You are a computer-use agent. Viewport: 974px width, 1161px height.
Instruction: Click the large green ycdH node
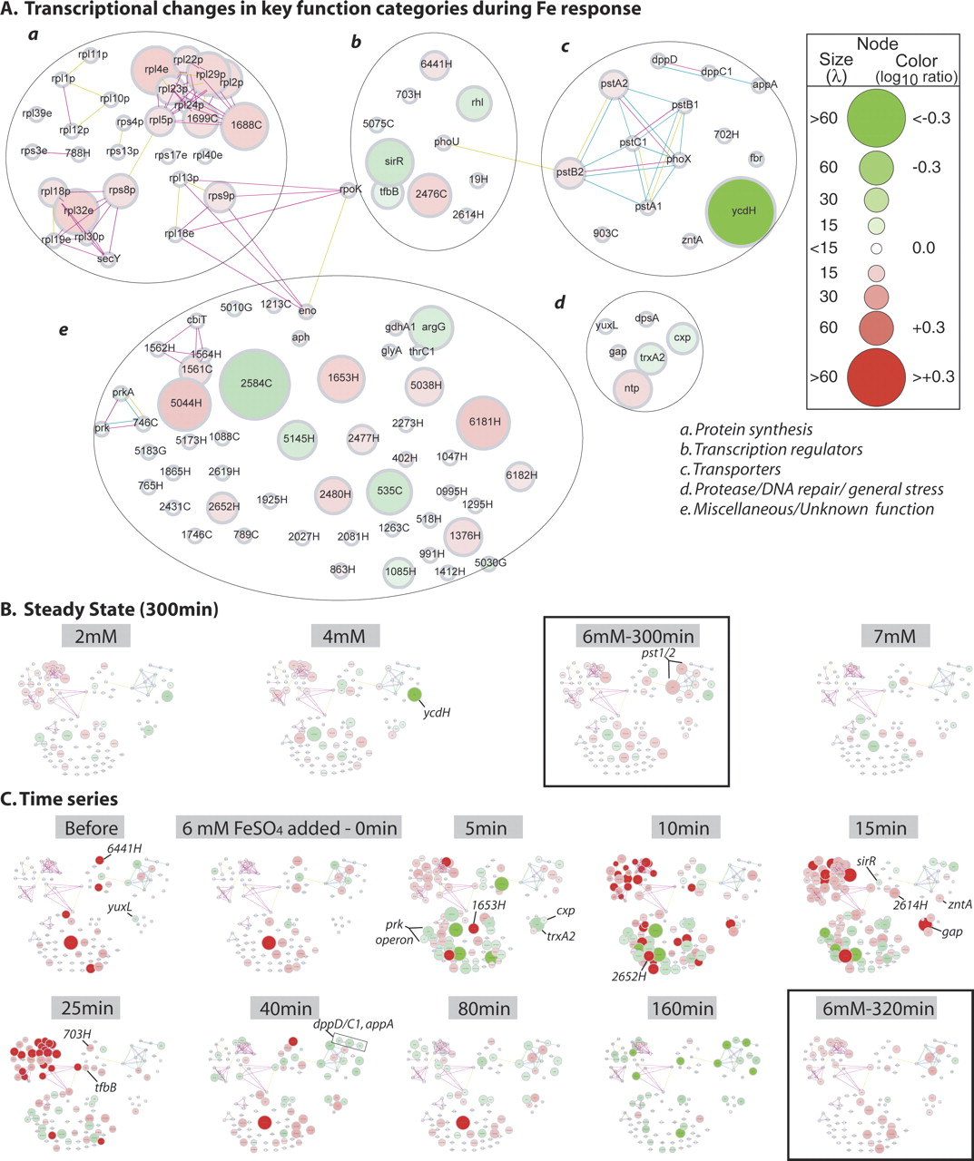click(743, 211)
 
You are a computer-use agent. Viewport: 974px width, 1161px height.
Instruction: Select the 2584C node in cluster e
click(255, 384)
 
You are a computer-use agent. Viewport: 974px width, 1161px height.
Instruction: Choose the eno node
click(308, 310)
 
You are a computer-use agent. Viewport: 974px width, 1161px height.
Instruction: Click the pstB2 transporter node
click(570, 170)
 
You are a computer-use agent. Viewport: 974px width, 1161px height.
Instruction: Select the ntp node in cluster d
click(632, 388)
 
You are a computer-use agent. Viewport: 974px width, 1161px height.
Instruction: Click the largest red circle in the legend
click(876, 376)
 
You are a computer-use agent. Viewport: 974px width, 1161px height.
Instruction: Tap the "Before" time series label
click(91, 827)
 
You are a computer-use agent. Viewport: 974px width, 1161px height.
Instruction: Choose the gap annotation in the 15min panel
click(953, 932)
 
